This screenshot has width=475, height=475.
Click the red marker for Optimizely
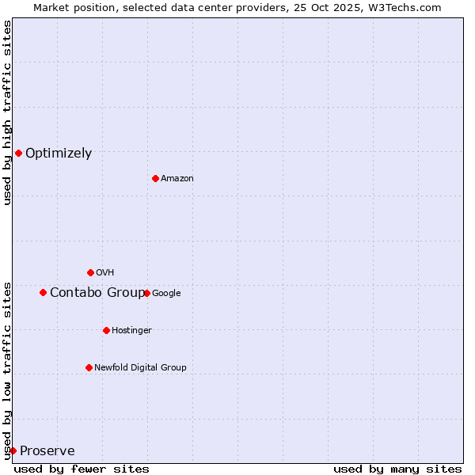pyautogui.click(x=18, y=153)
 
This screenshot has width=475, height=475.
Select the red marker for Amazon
pyautogui.click(x=155, y=178)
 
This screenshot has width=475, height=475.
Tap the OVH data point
pyautogui.click(x=90, y=272)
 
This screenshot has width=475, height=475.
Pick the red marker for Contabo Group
pyautogui.click(x=43, y=292)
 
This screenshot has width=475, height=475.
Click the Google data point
pyautogui.click(x=146, y=293)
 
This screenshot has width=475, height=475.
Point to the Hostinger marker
pyautogui.click(x=106, y=330)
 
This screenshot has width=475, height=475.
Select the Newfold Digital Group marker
pyautogui.click(x=89, y=367)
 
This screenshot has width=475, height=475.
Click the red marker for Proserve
pyautogui.click(x=13, y=450)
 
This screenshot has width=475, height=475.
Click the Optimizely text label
pyautogui.click(x=59, y=154)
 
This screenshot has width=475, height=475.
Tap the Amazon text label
pyautogui.click(x=177, y=179)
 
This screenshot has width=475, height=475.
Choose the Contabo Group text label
pyautogui.click(x=97, y=293)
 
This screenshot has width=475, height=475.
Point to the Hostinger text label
pyautogui.click(x=131, y=331)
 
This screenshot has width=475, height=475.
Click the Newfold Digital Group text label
pyautogui.click(x=140, y=368)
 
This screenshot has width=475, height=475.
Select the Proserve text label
pyautogui.click(x=47, y=451)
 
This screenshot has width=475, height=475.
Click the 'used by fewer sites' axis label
pyautogui.click(x=82, y=469)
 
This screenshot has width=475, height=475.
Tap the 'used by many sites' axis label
pyautogui.click(x=397, y=469)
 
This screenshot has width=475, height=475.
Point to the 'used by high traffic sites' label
pyautogui.click(x=7, y=112)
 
